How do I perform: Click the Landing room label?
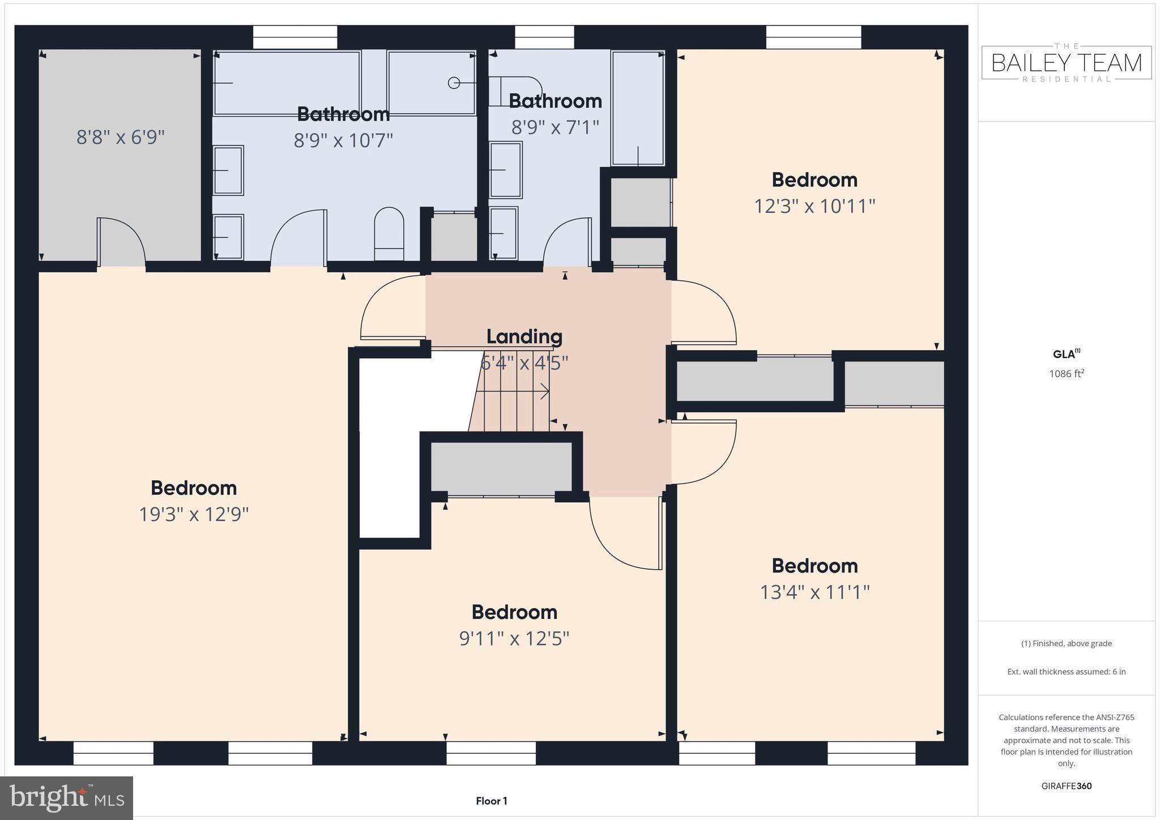(x=524, y=336)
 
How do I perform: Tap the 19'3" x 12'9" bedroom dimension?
(x=194, y=514)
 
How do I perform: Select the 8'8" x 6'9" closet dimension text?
(x=120, y=137)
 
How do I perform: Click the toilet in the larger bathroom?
(x=389, y=233)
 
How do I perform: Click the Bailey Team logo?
(x=1066, y=63)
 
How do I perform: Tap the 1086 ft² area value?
(x=1066, y=374)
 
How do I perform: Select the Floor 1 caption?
(x=491, y=801)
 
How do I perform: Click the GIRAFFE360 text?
(x=1066, y=786)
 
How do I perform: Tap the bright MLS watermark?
(x=67, y=798)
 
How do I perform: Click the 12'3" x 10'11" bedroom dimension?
(x=814, y=206)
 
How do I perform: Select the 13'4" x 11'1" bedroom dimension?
(x=814, y=592)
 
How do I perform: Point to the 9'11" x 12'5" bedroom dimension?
(x=514, y=639)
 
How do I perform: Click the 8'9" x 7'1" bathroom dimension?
(x=555, y=127)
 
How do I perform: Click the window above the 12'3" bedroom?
(x=813, y=37)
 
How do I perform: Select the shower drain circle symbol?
(x=454, y=83)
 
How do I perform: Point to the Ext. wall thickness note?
(x=1066, y=672)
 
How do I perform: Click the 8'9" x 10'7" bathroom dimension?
(x=343, y=140)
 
